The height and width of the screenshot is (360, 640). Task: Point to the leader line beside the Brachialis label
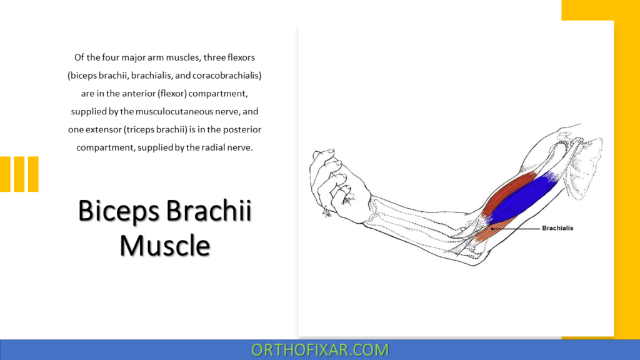click(x=516, y=229)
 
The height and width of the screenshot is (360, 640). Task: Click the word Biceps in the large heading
click(x=118, y=211)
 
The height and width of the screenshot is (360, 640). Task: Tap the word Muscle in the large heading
click(x=165, y=244)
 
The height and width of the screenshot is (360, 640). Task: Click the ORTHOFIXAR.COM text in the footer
click(x=320, y=349)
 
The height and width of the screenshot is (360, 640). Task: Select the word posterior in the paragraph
click(x=241, y=130)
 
